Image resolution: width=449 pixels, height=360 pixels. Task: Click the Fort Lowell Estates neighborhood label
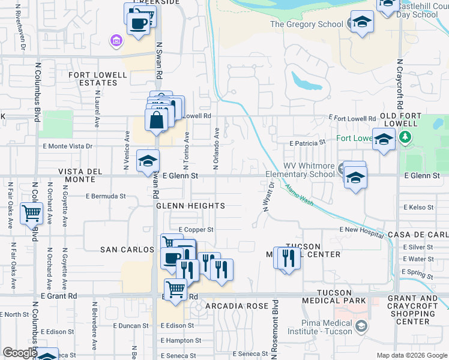pos(98,79)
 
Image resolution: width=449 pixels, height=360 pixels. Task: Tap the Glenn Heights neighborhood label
pos(190,206)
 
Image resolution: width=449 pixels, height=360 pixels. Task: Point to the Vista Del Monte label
pos(85,176)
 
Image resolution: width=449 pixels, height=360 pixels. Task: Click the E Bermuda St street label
pos(106,196)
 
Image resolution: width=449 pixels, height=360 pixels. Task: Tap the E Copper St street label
pos(196,230)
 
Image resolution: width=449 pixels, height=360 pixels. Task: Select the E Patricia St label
pos(307,143)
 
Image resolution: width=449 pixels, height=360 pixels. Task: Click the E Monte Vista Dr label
pos(67,146)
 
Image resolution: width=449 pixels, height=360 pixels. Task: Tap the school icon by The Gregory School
pos(361,23)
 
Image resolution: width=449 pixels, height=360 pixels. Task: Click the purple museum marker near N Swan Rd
pos(116,41)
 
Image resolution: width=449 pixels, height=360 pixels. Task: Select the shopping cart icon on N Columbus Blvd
pos(31,212)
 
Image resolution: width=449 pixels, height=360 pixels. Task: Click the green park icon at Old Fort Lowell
pos(407,137)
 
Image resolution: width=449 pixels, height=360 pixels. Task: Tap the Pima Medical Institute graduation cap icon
pos(361,326)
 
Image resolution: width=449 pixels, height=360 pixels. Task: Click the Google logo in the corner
pos(20,353)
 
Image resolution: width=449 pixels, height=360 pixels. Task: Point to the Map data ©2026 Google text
pos(412,355)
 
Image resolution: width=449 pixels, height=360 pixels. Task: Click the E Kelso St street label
pos(418,208)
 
